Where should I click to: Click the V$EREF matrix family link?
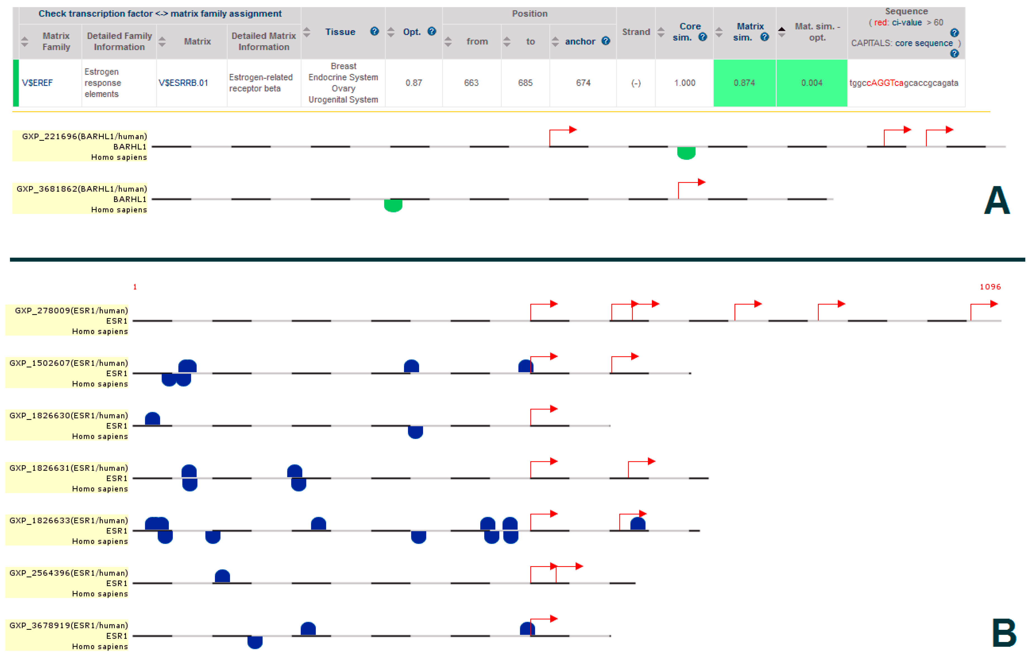tap(37, 83)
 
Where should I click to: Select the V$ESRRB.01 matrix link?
tap(183, 83)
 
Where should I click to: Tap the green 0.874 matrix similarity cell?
tap(744, 83)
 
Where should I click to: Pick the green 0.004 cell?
tap(811, 83)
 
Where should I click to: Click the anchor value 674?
tap(583, 83)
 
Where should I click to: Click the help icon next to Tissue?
tap(374, 31)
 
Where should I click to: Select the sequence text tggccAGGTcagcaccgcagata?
tap(903, 83)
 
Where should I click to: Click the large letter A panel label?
tap(997, 200)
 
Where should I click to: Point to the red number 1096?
tap(990, 287)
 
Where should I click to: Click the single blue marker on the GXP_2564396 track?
tap(222, 576)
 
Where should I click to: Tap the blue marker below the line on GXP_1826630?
tap(415, 432)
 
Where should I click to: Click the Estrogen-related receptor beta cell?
tap(260, 83)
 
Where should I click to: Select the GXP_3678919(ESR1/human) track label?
tap(68, 626)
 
